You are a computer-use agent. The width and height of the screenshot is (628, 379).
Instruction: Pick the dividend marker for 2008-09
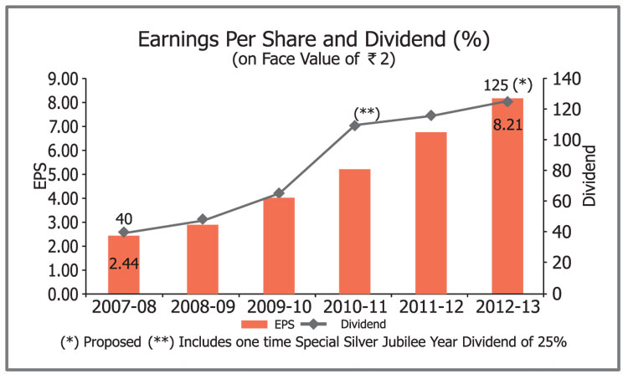point(202,220)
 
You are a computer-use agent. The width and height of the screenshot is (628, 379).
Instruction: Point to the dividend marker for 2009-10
point(279,193)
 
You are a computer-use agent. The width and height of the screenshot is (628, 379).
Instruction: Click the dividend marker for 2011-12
point(431,115)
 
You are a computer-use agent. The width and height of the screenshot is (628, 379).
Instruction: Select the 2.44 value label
point(124,263)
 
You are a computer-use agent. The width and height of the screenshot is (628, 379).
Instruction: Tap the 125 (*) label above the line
point(508,85)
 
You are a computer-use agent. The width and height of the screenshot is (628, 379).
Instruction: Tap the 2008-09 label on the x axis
point(202,307)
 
